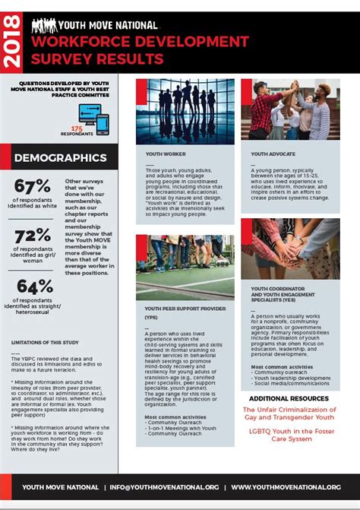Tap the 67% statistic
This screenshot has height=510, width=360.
(x=32, y=186)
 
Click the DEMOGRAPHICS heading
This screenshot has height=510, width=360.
(x=60, y=158)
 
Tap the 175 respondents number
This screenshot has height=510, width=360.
(x=77, y=128)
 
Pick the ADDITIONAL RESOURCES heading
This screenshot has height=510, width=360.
(x=289, y=398)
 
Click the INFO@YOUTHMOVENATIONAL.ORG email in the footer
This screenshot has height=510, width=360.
(x=164, y=486)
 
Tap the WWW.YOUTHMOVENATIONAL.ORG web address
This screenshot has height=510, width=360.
(x=286, y=486)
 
